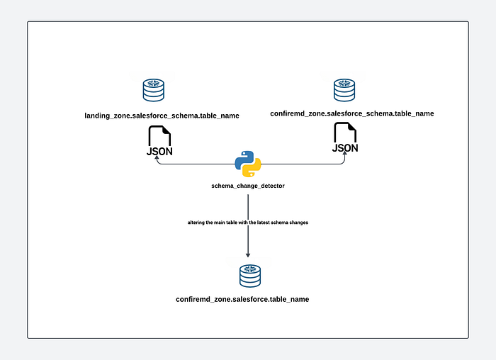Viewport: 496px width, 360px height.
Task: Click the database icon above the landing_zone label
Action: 154,91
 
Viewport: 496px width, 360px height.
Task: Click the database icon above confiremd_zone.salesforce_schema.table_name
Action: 344,90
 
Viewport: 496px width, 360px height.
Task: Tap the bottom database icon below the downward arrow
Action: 249,276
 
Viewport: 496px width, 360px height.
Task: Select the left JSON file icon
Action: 159,142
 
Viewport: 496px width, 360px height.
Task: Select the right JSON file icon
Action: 345,138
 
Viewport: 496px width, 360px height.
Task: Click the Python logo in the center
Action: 248,164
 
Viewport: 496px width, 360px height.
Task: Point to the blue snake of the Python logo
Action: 244,159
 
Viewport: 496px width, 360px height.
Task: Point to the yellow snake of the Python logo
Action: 253,169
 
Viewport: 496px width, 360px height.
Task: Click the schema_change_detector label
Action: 248,186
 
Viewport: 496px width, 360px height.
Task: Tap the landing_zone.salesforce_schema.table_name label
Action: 162,115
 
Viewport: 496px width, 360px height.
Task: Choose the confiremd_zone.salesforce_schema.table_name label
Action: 352,113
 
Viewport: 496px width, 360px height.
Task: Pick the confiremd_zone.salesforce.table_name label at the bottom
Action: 242,300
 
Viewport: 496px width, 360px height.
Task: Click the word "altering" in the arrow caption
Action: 198,223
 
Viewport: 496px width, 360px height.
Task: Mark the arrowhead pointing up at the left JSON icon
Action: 157,160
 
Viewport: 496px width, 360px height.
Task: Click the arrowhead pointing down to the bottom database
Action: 248,254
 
